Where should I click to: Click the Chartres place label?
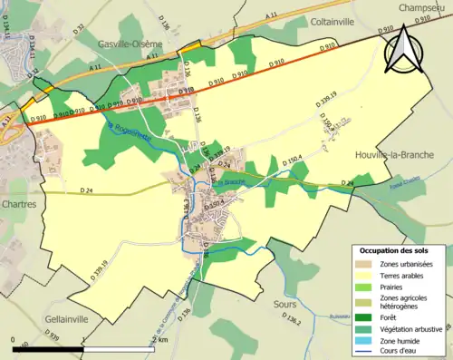(19, 204)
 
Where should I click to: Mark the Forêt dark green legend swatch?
(366, 315)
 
